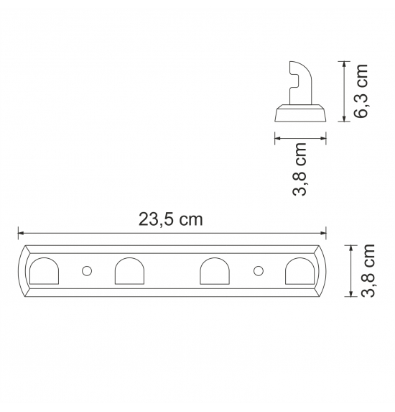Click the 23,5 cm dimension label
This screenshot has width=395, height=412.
pyautogui.click(x=171, y=219)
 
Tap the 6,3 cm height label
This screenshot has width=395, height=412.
pyautogui.click(x=361, y=91)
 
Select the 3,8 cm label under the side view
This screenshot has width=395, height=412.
pyautogui.click(x=299, y=169)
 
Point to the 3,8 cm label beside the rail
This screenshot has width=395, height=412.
pyautogui.click(x=368, y=270)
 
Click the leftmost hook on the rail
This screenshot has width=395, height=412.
pyautogui.click(x=44, y=271)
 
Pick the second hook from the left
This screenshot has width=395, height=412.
pyautogui.click(x=130, y=271)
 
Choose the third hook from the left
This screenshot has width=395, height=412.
pyautogui.click(x=215, y=271)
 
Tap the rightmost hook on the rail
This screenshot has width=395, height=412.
pyautogui.click(x=299, y=271)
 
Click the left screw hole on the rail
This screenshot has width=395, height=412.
pyautogui.click(x=87, y=270)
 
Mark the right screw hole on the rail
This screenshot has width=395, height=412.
pyautogui.click(x=259, y=270)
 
